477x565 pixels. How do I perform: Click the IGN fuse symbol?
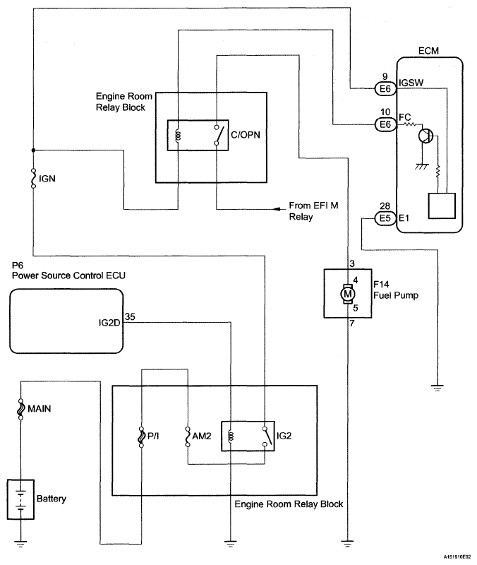click(33, 179)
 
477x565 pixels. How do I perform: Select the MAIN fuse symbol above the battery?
click(20, 410)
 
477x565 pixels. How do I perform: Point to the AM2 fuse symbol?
click(188, 437)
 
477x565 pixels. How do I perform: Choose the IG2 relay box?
click(246, 435)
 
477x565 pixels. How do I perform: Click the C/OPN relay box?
click(198, 135)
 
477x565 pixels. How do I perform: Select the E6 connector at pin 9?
click(385, 89)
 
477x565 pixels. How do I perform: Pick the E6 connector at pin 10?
click(385, 125)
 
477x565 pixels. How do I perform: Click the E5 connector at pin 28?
click(385, 218)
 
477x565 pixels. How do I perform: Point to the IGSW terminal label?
click(411, 83)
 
